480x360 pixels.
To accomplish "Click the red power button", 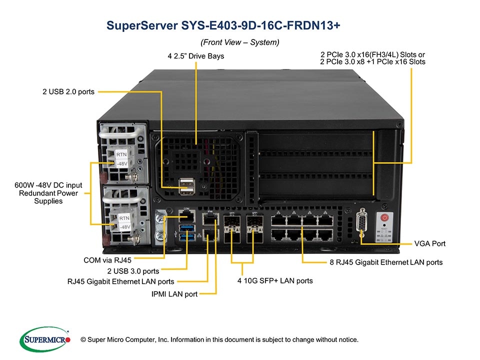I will pyautogui.click(x=384, y=217).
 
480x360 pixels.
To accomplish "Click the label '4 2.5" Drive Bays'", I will pyautogui.click(x=195, y=56).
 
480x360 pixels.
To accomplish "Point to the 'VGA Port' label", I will pyautogui.click(x=429, y=243).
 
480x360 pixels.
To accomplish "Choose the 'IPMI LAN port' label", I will pyautogui.click(x=174, y=294).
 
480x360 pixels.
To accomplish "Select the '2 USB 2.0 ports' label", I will pyautogui.click(x=68, y=92).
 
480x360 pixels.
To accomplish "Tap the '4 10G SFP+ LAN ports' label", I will pyautogui.click(x=275, y=280).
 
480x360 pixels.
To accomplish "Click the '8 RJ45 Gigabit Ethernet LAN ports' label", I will pyautogui.click(x=386, y=261).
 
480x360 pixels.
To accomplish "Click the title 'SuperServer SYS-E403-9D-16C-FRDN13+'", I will pyautogui.click(x=223, y=26).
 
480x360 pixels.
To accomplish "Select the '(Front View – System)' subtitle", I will pyautogui.click(x=239, y=42).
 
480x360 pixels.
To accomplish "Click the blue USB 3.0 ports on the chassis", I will pyautogui.click(x=187, y=232).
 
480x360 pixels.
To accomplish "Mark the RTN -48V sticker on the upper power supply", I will pyautogui.click(x=122, y=159).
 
